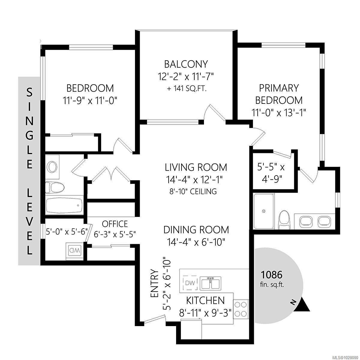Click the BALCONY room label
(186, 64)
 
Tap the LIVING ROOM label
(196, 167)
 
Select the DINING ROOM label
(196, 230)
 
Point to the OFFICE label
(115, 224)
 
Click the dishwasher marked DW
(190, 283)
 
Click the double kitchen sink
(210, 283)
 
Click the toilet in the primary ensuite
(284, 220)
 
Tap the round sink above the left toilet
(52, 167)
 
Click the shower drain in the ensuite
(264, 211)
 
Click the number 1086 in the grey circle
(271, 275)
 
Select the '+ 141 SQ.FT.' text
(187, 88)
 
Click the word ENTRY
(155, 283)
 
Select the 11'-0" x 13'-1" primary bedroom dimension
(279, 113)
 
